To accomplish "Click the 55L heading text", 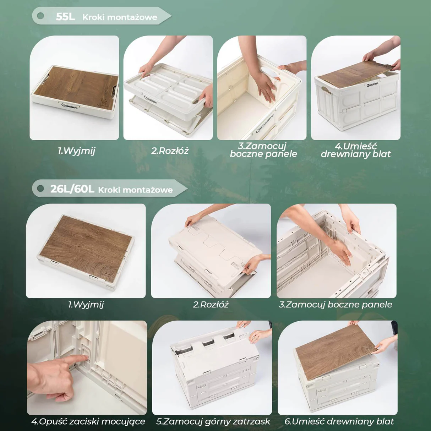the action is pos(65,17).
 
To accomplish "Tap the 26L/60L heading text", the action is pos(72,189).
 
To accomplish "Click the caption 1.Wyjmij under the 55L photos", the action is pos(76,151).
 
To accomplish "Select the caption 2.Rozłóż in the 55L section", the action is pos(170,151).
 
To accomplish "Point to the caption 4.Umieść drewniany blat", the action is pos(356,150).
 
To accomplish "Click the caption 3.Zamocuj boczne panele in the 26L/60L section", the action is pos(335,305).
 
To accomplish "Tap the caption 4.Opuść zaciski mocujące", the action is pos(88,422).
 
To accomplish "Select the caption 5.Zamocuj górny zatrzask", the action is pos(213,422).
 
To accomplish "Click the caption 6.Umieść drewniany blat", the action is pos(339,421).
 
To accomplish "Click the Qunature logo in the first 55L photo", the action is pos(70,106).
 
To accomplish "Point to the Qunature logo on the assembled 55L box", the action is pos(372,84).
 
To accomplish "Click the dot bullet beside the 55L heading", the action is pos(40,16).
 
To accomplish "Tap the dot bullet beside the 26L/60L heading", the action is pos(40,189).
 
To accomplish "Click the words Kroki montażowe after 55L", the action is pos(120,17).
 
